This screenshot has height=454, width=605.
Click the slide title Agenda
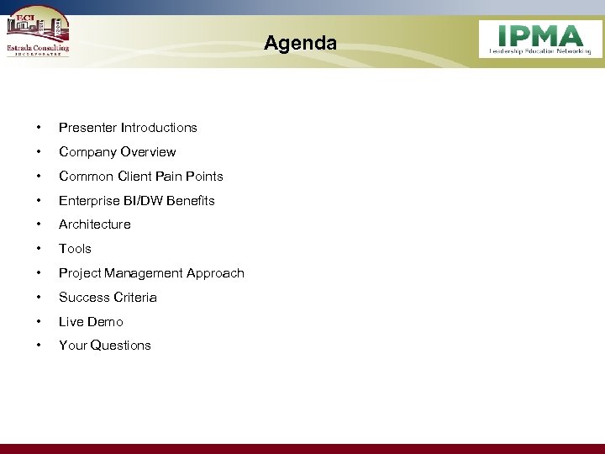pos(300,43)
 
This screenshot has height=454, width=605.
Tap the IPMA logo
pos(540,39)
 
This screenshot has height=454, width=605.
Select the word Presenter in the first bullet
pos(87,128)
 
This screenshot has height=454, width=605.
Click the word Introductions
pos(159,128)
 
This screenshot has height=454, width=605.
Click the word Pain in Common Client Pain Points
pos(169,177)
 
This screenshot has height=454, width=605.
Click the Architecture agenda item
pos(94,224)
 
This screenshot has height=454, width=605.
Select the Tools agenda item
pos(75,249)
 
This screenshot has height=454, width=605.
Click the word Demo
pos(105,322)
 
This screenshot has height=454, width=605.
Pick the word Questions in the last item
pos(120,346)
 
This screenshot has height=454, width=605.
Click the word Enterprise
pos(88,201)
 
